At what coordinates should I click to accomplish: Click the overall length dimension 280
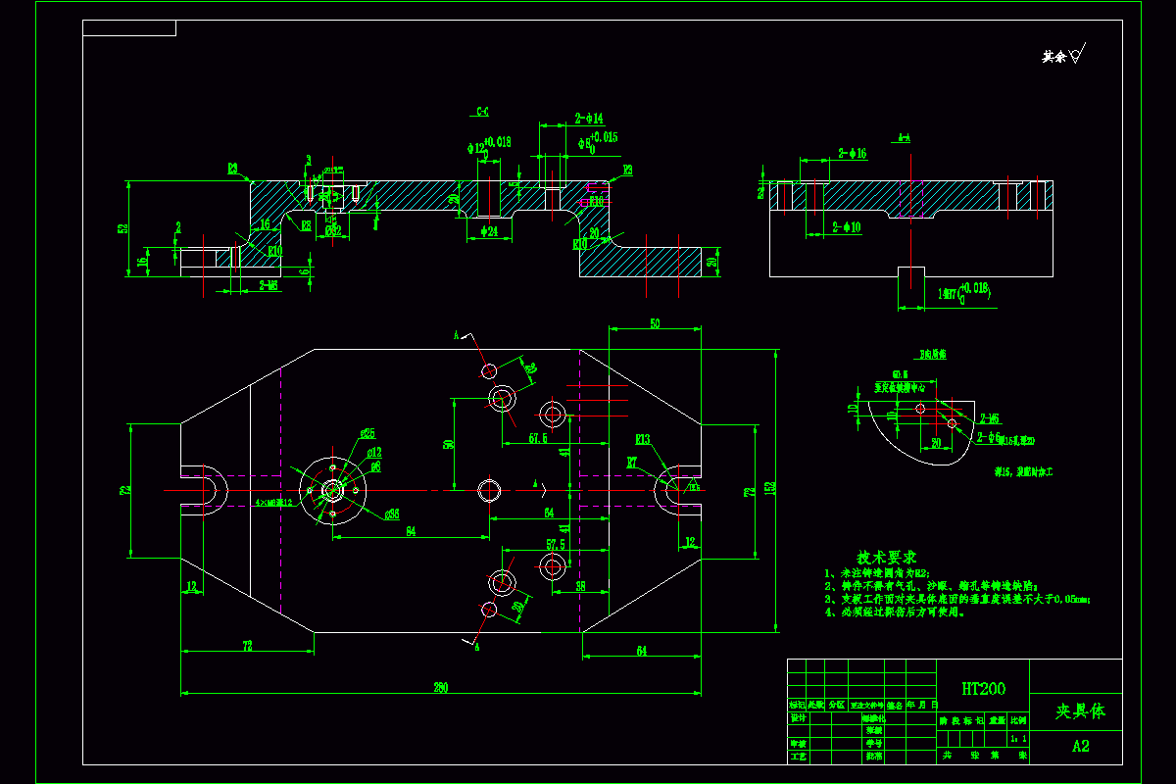(x=441, y=688)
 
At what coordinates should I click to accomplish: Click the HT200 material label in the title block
(x=983, y=690)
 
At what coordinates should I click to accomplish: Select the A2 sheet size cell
(x=1080, y=746)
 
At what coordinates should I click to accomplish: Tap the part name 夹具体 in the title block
(x=1079, y=711)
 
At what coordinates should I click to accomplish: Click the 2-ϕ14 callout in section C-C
(x=589, y=119)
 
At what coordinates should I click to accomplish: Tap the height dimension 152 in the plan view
(x=770, y=487)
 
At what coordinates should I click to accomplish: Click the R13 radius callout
(x=643, y=439)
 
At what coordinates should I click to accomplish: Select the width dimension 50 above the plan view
(x=655, y=323)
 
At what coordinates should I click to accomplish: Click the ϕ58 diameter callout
(x=391, y=513)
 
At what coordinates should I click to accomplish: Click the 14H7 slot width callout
(x=960, y=289)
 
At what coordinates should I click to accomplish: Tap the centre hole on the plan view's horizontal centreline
(x=489, y=488)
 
